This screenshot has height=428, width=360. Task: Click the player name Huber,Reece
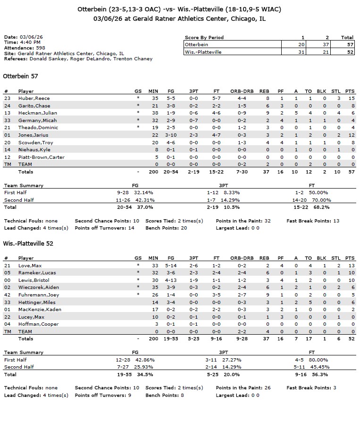[x=34, y=98]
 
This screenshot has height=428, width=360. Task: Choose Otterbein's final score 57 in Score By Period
[x=347, y=44]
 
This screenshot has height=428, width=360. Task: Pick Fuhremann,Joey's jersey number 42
[x=7, y=295]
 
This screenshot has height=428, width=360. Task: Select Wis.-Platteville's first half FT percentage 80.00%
[x=318, y=360]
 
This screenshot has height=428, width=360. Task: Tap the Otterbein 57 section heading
[x=20, y=76]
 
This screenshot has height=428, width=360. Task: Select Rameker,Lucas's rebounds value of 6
[x=268, y=273]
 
